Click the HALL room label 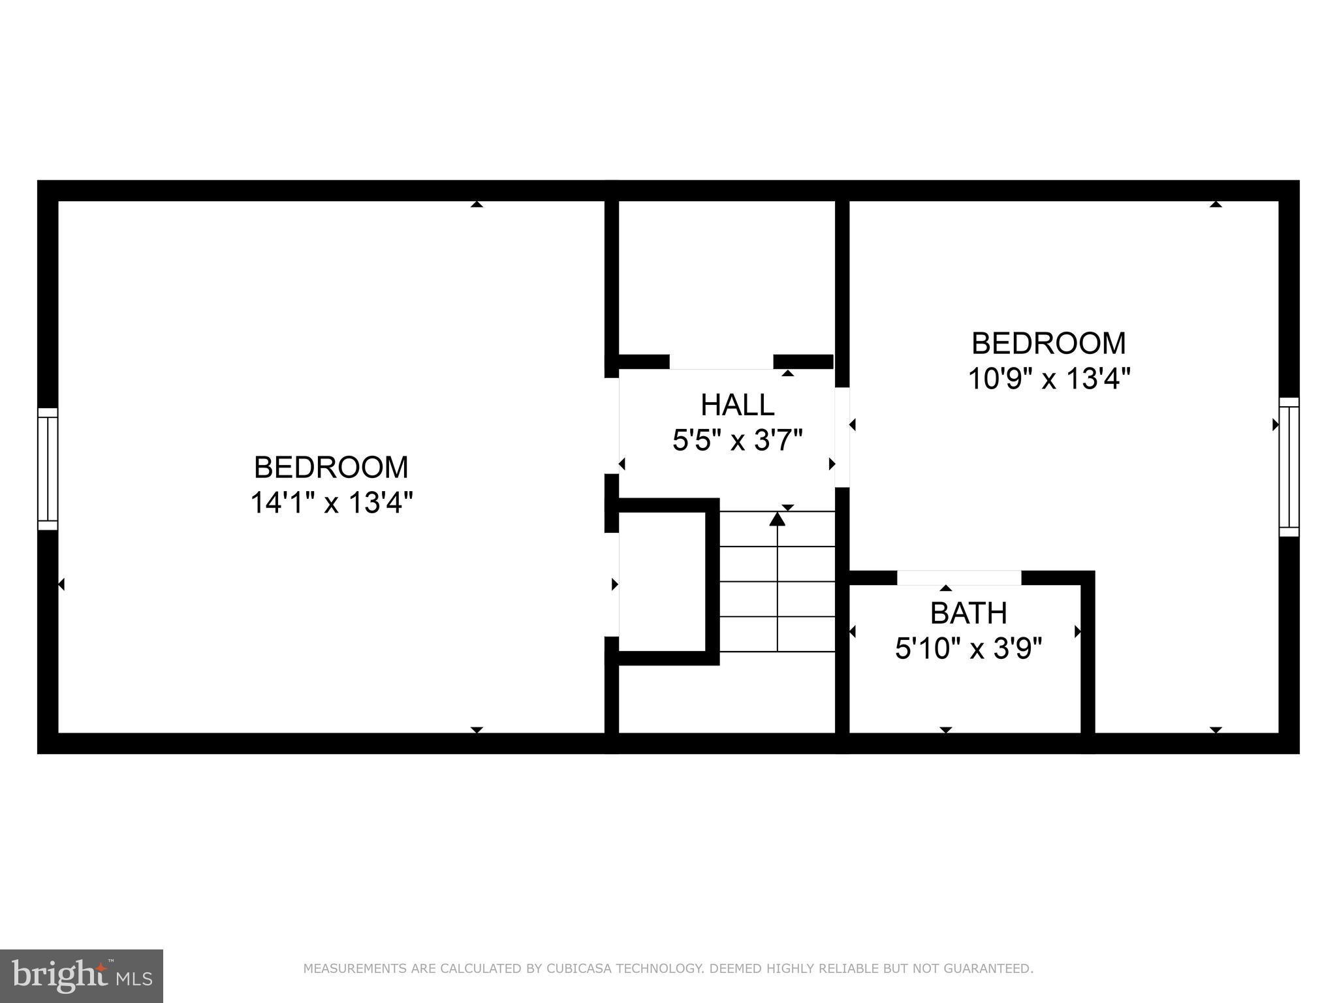737,405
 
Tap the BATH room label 968,613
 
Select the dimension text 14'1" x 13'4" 332,503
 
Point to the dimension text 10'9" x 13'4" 1048,379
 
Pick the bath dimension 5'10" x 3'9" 968,648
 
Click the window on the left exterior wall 48,468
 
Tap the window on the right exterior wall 1289,466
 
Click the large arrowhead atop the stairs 777,519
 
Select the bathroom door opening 958,577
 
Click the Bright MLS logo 81,976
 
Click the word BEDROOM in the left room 331,468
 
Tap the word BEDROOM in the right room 1048,343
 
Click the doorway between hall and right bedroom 842,437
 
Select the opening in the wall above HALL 721,362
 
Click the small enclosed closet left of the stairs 662,581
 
